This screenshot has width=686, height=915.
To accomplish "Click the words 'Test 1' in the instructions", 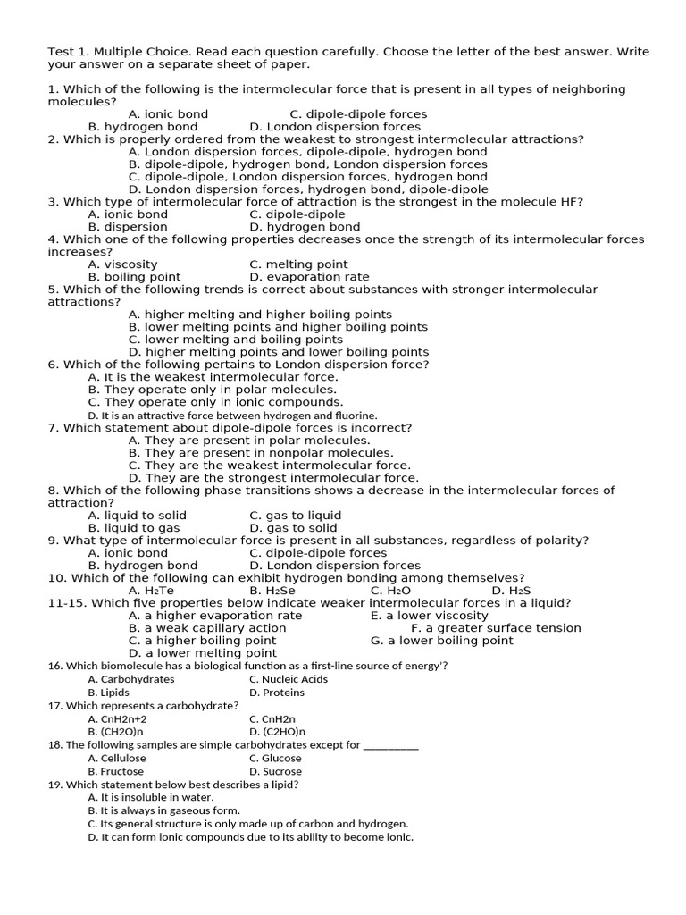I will tap(66, 52).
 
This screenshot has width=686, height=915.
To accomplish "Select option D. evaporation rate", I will tap(309, 277).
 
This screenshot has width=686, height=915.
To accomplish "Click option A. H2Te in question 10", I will tap(151, 591).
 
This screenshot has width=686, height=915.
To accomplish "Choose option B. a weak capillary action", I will tap(207, 628).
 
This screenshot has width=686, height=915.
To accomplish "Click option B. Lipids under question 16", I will tap(108, 693).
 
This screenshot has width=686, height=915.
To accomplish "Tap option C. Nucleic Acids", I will tap(289, 679).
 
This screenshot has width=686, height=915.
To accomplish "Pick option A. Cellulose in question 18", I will tap(117, 759).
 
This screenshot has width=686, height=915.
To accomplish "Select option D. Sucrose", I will tap(276, 771).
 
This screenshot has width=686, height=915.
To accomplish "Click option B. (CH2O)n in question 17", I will tap(115, 732).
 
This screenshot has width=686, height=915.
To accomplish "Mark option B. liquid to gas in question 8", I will tap(134, 528).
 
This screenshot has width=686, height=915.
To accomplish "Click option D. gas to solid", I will tap(294, 528).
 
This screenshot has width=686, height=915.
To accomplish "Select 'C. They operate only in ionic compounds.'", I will tap(215, 402).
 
